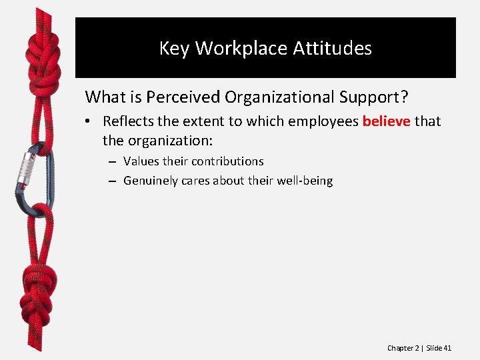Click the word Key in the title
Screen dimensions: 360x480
point(175,49)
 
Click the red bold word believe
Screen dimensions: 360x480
point(386,122)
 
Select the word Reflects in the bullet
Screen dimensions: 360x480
point(128,122)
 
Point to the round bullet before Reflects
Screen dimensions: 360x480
point(89,122)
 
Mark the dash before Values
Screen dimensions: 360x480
point(111,162)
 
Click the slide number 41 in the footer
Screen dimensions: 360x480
point(447,348)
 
